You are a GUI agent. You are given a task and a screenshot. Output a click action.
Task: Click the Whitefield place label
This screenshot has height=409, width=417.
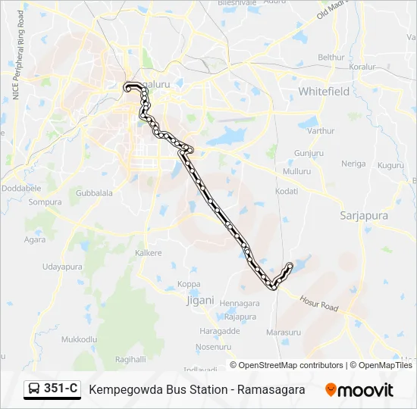[x=324, y=91]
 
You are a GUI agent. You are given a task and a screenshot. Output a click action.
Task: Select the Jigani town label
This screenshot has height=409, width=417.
[x=200, y=300]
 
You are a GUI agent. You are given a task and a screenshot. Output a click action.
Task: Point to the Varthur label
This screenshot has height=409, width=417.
[x=321, y=131]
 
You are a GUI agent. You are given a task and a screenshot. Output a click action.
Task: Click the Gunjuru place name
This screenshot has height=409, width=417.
[x=309, y=153]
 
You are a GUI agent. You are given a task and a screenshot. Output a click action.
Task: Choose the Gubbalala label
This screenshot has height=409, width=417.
[x=94, y=193]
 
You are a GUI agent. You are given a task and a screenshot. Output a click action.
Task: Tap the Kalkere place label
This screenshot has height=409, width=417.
[x=149, y=252]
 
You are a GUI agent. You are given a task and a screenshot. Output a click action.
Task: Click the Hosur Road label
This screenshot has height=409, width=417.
[x=318, y=304]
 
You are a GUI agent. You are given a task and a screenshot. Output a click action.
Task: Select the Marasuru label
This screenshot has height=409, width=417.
[x=284, y=333]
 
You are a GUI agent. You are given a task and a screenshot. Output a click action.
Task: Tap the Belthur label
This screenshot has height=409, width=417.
[x=331, y=58]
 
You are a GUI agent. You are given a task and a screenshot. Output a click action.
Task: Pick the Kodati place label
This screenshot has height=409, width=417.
[x=287, y=192]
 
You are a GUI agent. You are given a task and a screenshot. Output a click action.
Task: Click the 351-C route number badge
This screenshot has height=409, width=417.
[x=61, y=389]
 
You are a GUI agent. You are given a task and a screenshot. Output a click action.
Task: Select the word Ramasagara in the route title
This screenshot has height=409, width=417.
[x=271, y=389]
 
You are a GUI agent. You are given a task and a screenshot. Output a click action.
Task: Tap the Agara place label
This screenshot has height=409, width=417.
[x=35, y=239]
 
